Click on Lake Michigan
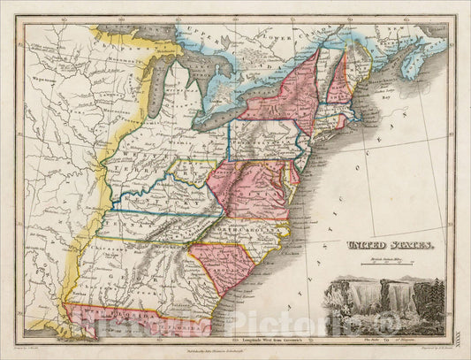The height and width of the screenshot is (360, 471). pos(159,97)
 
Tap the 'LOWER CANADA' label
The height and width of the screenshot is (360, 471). pos(292,39)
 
